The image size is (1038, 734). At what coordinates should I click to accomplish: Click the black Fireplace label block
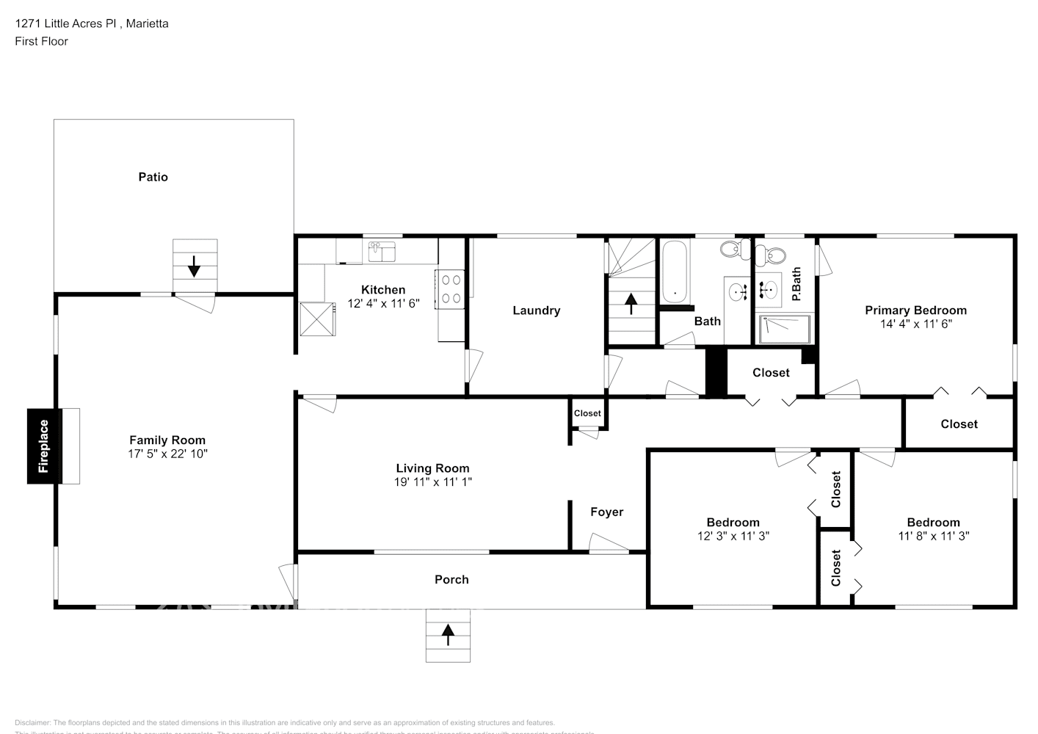[x=43, y=446]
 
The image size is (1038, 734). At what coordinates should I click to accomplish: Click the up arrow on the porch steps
[x=448, y=635]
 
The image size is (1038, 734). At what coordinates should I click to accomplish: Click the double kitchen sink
[x=382, y=251]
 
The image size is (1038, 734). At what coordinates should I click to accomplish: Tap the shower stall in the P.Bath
[x=785, y=329]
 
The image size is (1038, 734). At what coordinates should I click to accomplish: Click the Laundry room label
[x=536, y=310]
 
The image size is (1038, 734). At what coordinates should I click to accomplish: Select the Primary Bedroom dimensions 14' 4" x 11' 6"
[x=915, y=324]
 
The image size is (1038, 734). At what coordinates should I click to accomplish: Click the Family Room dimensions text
[x=167, y=454]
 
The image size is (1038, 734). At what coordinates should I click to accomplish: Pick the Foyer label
[x=607, y=512]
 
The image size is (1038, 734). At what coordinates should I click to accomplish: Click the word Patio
[x=153, y=177]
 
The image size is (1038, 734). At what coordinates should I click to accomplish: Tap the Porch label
[x=451, y=580]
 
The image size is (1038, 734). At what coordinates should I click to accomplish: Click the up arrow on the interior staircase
[x=631, y=302]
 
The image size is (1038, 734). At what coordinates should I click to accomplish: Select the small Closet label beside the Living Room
[x=587, y=413]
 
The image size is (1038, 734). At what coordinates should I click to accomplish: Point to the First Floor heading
[x=41, y=41]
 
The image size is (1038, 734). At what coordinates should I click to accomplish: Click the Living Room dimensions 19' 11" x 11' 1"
[x=432, y=482]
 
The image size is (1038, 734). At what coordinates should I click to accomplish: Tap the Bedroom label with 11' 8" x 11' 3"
[x=933, y=523]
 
